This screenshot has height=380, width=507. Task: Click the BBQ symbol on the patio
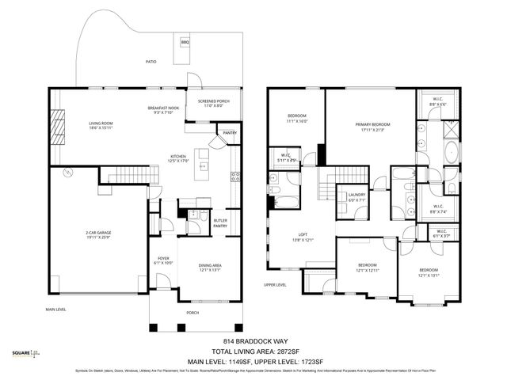(185, 41)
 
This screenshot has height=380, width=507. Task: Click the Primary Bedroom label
(371, 126)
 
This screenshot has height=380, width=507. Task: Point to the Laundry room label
(356, 198)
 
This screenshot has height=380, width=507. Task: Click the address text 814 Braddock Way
(253, 342)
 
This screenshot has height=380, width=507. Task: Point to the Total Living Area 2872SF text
(253, 351)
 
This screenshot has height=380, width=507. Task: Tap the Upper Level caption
(276, 285)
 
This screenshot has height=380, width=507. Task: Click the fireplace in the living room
(55, 124)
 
